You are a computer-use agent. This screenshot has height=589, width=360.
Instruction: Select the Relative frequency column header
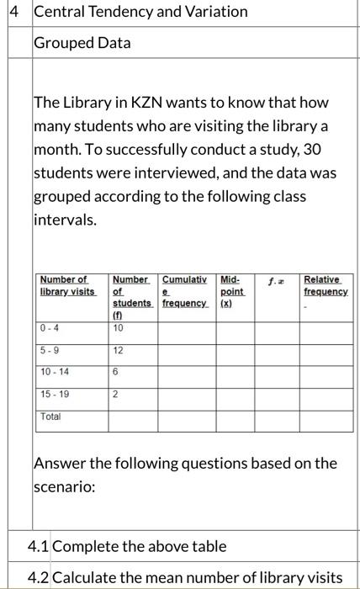click(x=326, y=284)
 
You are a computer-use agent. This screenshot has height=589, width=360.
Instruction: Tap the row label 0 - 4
click(x=49, y=328)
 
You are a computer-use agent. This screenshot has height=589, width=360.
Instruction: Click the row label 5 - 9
click(x=49, y=349)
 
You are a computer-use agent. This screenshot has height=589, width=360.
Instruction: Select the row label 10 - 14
click(x=55, y=371)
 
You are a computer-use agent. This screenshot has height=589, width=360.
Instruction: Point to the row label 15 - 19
click(x=55, y=393)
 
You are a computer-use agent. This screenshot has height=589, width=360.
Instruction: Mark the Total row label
click(x=50, y=416)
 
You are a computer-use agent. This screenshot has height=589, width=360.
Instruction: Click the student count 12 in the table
click(x=118, y=349)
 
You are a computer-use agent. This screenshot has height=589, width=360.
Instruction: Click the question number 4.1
click(x=39, y=546)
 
